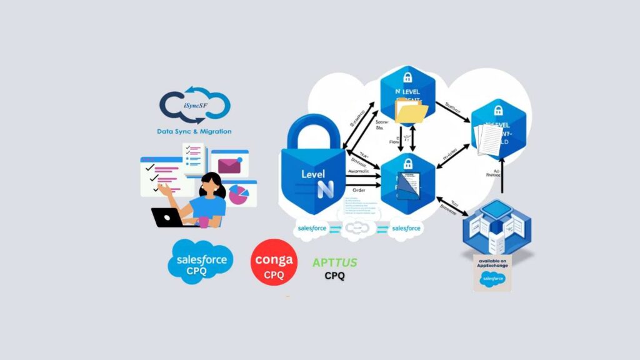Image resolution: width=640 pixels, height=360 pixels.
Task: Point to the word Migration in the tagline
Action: [x=212, y=132]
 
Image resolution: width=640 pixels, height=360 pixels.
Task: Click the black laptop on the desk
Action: [x=167, y=217]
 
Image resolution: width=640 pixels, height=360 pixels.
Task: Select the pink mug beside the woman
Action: [x=204, y=221]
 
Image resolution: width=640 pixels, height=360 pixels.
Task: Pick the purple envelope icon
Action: [x=229, y=165]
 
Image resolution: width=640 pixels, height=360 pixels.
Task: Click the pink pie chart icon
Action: [x=238, y=194]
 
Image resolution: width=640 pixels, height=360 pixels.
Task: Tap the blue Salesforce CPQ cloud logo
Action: [x=201, y=262]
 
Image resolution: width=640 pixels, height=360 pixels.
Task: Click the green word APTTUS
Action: [x=334, y=262]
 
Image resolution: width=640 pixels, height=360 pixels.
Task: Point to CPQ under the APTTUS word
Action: [x=334, y=276]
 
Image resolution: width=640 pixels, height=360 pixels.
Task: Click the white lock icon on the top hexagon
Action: [x=407, y=77]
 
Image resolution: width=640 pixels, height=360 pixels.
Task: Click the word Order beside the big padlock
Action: [x=358, y=191]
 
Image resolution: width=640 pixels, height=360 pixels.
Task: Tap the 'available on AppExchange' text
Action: [x=492, y=263]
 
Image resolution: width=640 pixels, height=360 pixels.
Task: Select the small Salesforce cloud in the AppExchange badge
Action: [x=492, y=279]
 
